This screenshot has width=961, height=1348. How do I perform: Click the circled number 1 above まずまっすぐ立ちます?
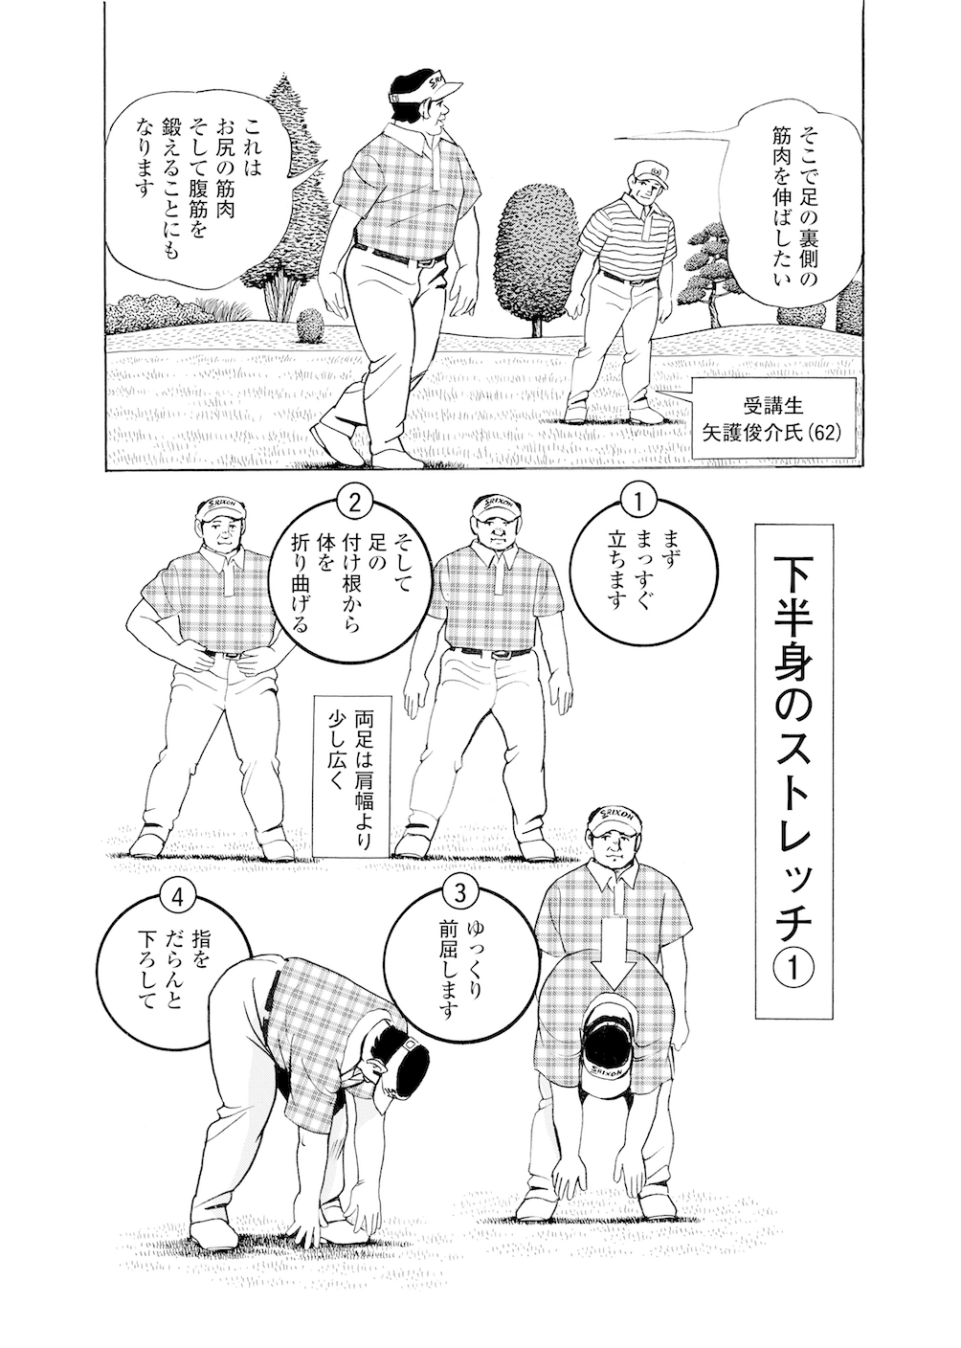pyautogui.click(x=637, y=501)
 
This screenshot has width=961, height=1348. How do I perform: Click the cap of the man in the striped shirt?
pyautogui.click(x=650, y=172)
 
